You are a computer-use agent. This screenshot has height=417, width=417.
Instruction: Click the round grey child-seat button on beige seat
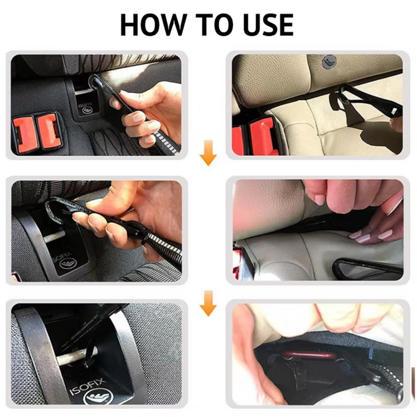pos(328,61)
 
